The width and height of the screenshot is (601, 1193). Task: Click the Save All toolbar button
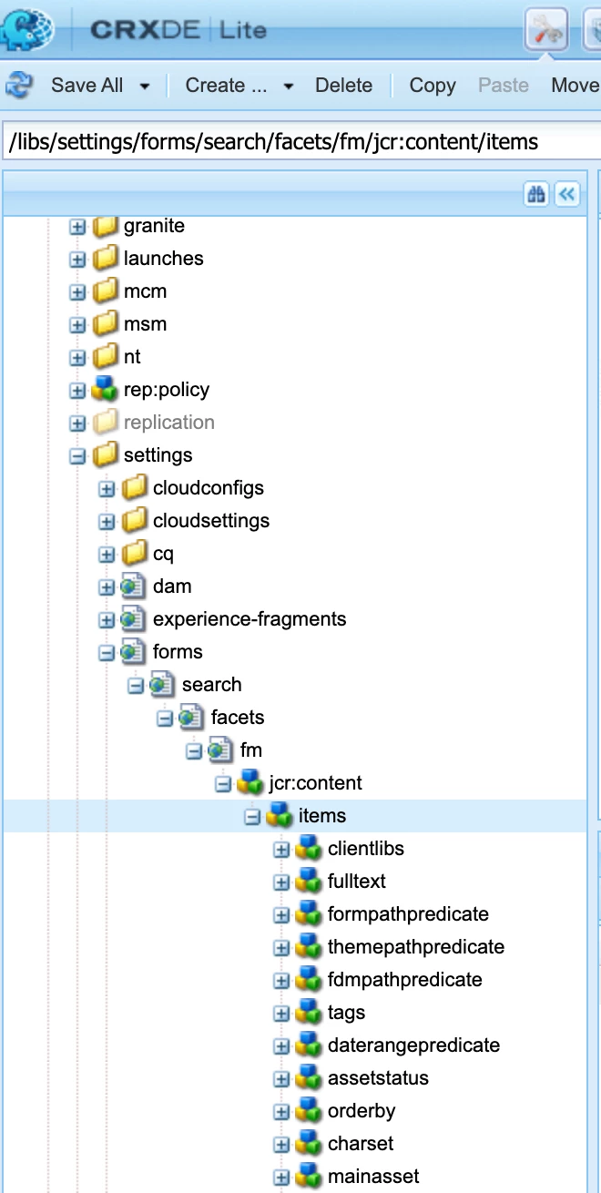pos(87,86)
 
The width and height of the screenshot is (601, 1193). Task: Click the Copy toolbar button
pos(433,86)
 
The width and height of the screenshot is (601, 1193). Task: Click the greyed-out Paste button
pos(504,86)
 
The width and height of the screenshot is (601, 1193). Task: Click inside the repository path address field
pos(300,142)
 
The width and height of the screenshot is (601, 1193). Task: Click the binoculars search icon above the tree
pos(535,194)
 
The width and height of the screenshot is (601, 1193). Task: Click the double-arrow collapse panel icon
pos(567,194)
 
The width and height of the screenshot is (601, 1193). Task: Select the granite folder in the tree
pos(154,226)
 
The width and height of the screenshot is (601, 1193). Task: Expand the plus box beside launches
pos(78,260)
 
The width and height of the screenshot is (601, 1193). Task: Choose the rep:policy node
pos(167,390)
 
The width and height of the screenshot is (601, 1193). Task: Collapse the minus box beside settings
pos(78,456)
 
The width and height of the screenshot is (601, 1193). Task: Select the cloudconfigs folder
pos(208,488)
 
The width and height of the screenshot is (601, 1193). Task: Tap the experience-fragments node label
pos(250,619)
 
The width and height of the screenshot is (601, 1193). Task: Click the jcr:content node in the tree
pos(315,783)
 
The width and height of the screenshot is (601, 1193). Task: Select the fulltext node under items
pos(357,882)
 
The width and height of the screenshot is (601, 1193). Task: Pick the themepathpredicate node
pos(415,947)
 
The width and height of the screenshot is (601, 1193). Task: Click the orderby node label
pos(362,1111)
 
